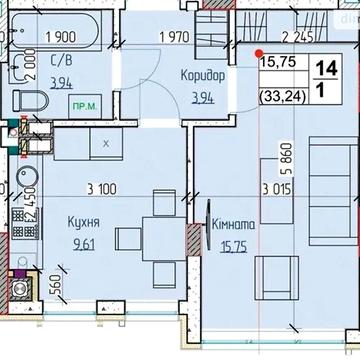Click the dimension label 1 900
pyautogui.click(x=48, y=40)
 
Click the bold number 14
pyautogui.click(x=326, y=71)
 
